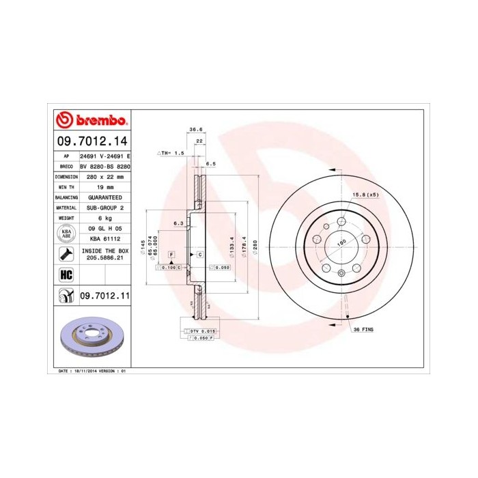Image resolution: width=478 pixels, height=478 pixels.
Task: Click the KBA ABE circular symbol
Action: pos(66,234)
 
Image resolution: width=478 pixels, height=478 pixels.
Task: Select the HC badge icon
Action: pos(66,275)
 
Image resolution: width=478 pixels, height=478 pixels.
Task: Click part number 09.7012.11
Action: pos(104,296)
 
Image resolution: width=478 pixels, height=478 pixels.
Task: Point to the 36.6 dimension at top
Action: pos(195,129)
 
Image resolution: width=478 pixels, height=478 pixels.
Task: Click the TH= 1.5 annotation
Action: pos(173,154)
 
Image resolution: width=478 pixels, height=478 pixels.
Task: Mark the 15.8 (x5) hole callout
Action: pos(365,195)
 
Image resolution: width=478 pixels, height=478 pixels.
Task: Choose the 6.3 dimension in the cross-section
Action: pos(179,223)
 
